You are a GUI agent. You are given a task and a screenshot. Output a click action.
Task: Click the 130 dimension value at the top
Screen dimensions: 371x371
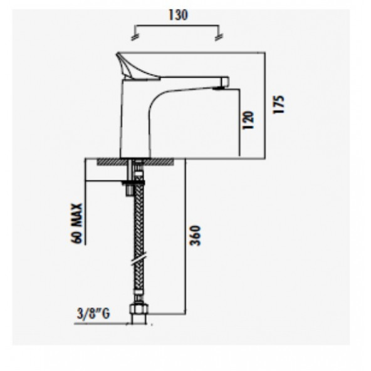click(179, 14)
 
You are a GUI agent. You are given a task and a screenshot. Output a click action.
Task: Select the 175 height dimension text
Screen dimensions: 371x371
click(280, 103)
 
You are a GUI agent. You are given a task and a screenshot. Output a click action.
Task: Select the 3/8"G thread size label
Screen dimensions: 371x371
click(93, 314)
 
